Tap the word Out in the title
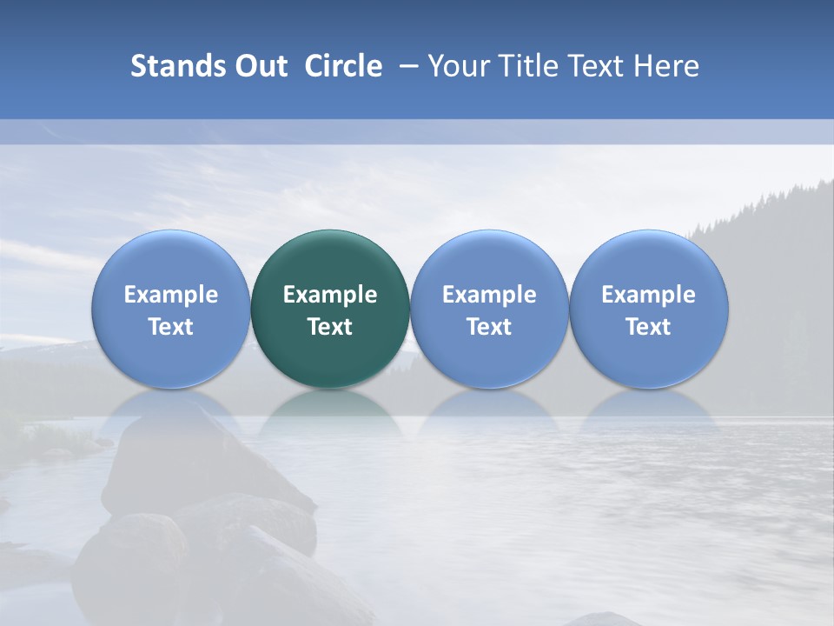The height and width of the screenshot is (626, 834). coord(257,66)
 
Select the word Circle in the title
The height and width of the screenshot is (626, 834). coord(343,66)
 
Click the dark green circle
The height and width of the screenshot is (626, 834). coord(330,309)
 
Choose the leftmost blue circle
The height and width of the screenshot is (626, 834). coord(171,309)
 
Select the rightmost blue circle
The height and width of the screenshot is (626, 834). coord(649,309)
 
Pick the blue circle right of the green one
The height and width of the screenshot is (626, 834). coord(489,309)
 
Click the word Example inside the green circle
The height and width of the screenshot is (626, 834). coord(330,295)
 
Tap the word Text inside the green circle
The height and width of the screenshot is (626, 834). coord(330,327)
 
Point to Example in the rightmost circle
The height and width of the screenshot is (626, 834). coord(649,295)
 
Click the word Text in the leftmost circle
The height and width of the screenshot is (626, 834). coord(171,327)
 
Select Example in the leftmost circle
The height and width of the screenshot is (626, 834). coord(171,295)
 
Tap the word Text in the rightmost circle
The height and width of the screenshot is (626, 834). coord(649,327)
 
